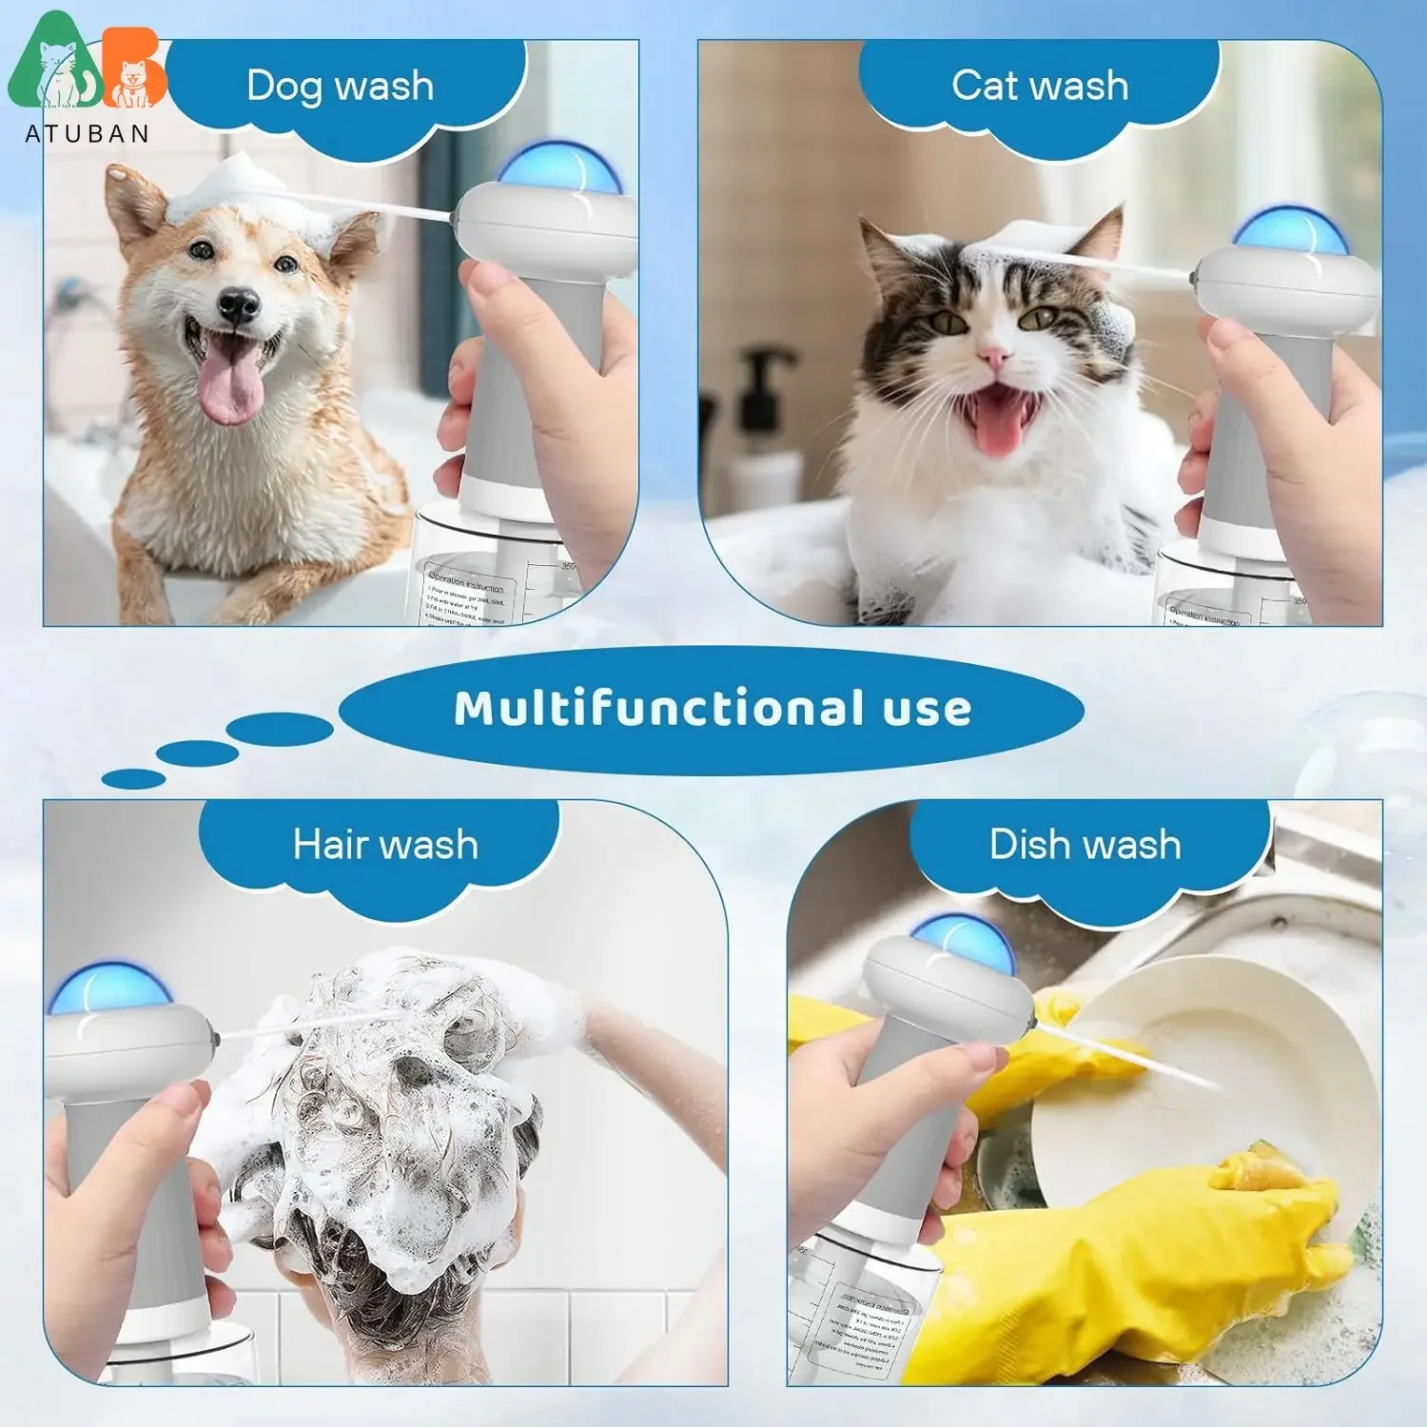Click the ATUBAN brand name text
[87, 134]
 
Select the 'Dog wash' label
[340, 87]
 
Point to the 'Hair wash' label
[385, 845]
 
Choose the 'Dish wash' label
[1085, 845]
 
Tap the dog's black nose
[238, 305]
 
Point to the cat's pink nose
[994, 358]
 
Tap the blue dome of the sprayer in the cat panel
[1289, 231]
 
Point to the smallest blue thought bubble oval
[133, 779]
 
